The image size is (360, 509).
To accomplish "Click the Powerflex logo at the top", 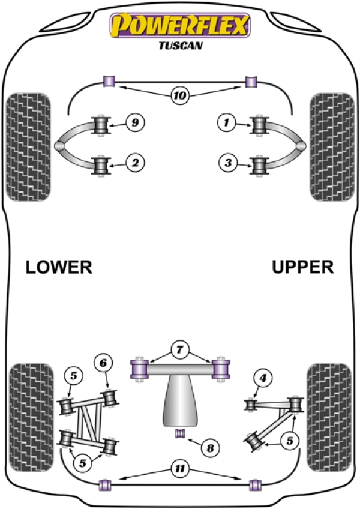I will point(179,26).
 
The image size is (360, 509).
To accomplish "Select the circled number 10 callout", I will point(179,94).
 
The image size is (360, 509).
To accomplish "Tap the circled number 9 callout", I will point(135,123).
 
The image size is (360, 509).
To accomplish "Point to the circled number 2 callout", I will point(135,162).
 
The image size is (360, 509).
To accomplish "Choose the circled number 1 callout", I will point(226,123).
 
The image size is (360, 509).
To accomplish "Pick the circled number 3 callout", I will point(226,162).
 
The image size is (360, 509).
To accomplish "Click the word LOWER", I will point(59,267).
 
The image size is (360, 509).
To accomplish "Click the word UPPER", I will point(302,267).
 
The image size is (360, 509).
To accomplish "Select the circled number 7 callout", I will point(179,348).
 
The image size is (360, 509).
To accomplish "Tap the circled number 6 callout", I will point(103,363).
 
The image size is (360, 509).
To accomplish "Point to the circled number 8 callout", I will point(209,447).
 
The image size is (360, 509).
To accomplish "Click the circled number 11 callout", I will point(179,469).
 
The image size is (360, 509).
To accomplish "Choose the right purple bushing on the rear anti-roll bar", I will point(254,484).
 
